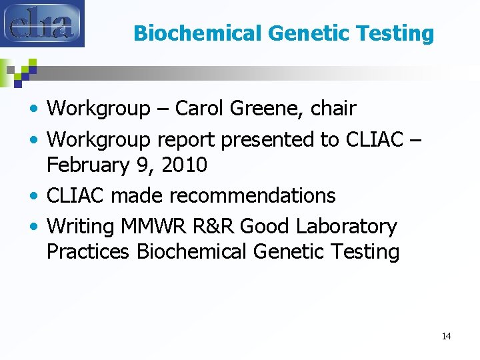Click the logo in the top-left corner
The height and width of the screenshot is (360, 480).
(x=42, y=23)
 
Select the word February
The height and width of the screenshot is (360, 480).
(x=87, y=164)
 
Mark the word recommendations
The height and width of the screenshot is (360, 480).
(x=253, y=196)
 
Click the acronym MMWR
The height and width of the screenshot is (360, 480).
(x=155, y=227)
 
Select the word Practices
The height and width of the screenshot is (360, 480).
(x=89, y=251)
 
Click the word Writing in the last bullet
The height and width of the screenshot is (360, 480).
(x=81, y=227)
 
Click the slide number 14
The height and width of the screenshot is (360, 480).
(x=446, y=336)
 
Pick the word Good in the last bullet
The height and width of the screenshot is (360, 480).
(x=263, y=227)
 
